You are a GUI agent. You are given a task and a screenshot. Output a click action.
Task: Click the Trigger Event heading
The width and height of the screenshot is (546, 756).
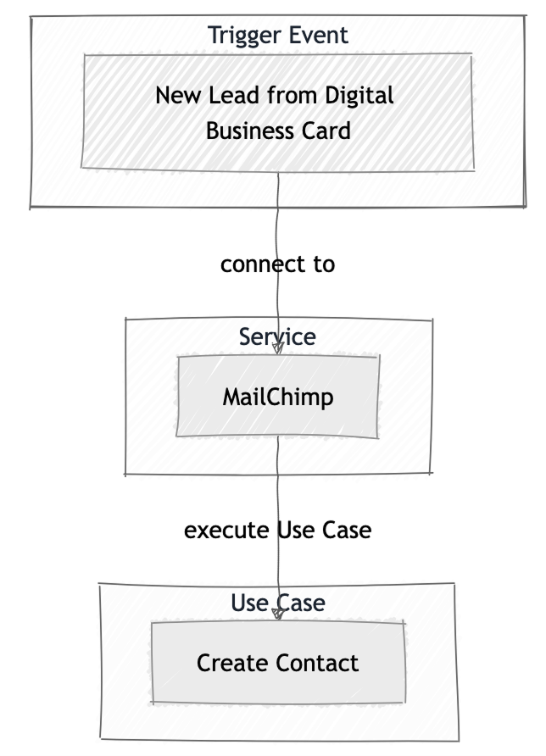tap(278, 36)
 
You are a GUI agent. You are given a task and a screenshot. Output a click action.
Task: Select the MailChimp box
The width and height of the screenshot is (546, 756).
tap(277, 397)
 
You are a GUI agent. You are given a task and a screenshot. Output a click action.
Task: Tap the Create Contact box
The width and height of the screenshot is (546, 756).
tap(277, 662)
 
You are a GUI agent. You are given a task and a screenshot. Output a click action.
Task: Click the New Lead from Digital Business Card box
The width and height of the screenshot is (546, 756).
tap(277, 113)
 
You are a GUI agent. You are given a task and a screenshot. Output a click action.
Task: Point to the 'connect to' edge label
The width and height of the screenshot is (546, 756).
tap(277, 264)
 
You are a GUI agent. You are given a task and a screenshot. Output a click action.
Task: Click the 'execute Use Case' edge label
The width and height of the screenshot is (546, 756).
tap(277, 530)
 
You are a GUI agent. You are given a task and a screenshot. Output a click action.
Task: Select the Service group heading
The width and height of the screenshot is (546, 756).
tap(277, 336)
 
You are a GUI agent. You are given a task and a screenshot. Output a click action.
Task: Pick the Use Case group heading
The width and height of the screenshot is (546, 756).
tap(277, 603)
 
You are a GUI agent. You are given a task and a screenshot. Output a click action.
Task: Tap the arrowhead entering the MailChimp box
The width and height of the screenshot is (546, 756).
tap(277, 349)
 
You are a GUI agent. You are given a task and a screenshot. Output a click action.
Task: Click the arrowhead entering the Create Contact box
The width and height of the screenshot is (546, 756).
tap(277, 614)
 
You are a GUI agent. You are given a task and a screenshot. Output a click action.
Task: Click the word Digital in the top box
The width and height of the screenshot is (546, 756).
tap(362, 95)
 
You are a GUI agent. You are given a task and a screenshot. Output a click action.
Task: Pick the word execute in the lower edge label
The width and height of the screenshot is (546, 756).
tap(227, 530)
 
